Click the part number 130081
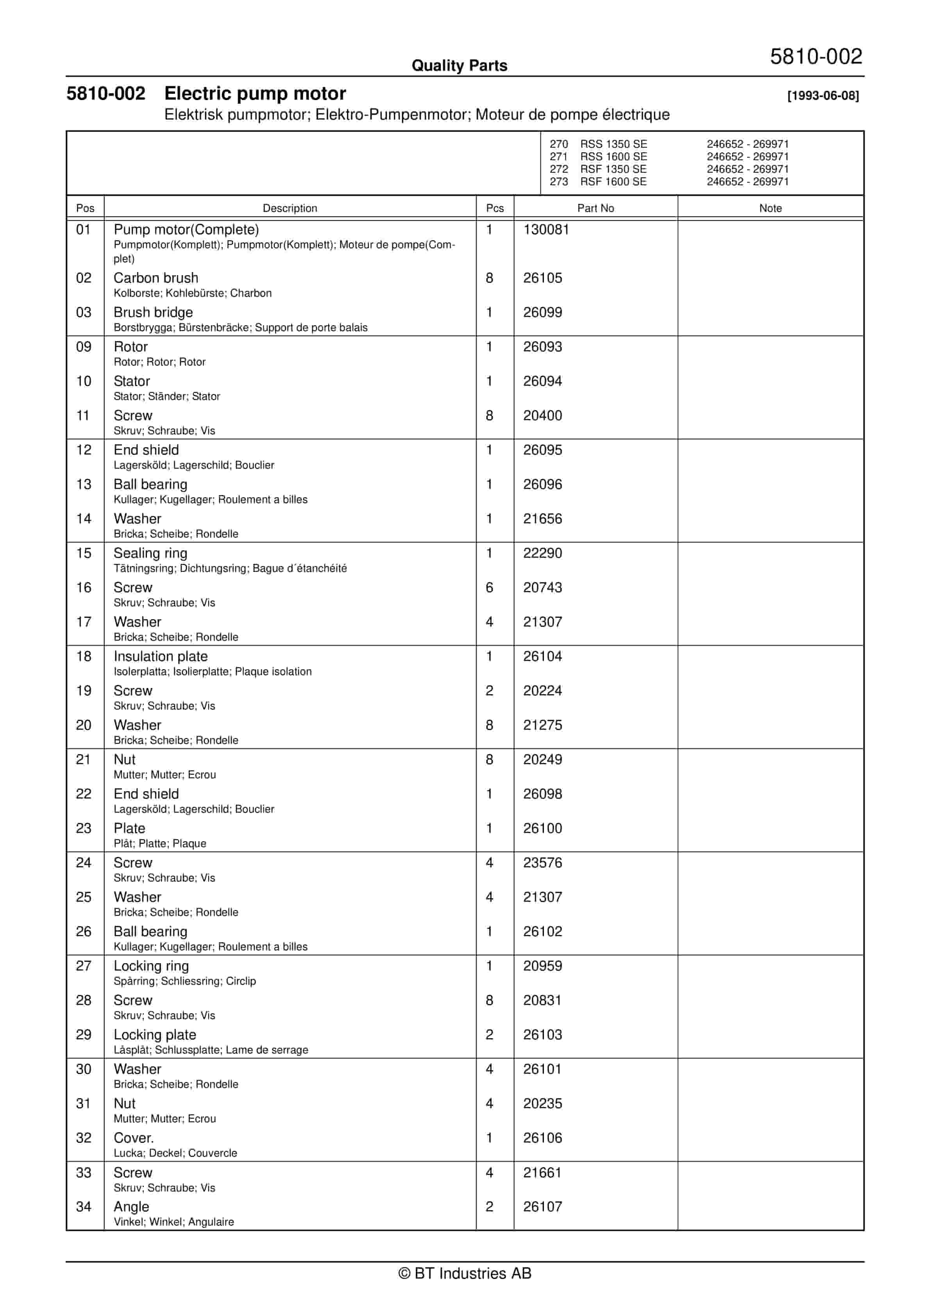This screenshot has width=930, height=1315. pos(546,230)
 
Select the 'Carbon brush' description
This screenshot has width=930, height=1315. pos(156,278)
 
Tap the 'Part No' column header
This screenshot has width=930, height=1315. pos(595,208)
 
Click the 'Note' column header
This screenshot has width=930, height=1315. pos(770,208)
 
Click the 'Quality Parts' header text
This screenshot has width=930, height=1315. pos(459,65)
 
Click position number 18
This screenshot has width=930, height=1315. pos(84,656)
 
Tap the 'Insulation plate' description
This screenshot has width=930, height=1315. pos(160,656)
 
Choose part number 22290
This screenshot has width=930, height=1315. pos(542,553)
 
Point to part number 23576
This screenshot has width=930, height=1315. pos(542,863)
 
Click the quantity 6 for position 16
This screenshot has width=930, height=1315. pos(489,588)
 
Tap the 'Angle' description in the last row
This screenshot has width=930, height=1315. pos(131,1207)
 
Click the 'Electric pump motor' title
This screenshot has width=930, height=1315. pos(255,93)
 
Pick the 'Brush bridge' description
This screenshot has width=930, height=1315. pos(153,312)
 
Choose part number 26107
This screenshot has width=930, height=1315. pos(542,1207)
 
